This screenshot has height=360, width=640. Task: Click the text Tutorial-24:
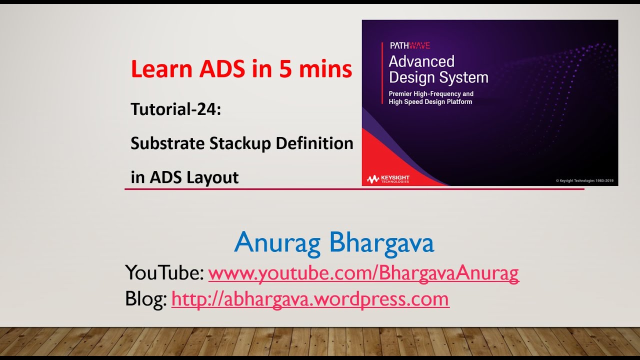(x=175, y=109)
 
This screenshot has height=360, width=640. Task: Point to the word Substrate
(x=167, y=143)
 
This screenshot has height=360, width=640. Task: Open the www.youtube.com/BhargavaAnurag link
(x=363, y=273)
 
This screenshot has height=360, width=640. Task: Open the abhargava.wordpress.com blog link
(x=310, y=299)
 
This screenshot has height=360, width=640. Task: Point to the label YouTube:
(x=164, y=273)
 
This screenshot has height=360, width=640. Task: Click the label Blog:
(x=146, y=299)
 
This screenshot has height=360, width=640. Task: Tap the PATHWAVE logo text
(x=409, y=45)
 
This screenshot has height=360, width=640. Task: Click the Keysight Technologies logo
(x=388, y=179)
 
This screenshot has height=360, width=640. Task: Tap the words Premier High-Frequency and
(x=431, y=94)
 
